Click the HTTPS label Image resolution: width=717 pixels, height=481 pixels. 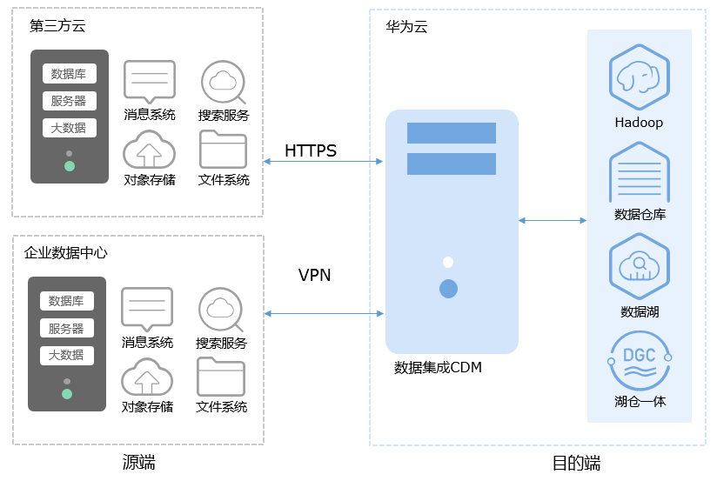(311, 151)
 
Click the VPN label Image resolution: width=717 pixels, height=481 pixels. (314, 276)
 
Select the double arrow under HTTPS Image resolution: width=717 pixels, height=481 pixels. (323, 162)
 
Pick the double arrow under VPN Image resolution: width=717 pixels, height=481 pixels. (325, 313)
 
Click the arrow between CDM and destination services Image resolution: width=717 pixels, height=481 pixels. (553, 220)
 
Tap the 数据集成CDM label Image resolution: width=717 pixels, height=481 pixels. (438, 367)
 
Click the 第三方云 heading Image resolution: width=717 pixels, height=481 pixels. (58, 26)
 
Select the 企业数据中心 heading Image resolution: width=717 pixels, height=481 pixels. (66, 252)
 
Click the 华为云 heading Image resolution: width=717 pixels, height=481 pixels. (407, 27)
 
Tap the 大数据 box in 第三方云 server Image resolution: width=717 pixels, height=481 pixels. (69, 128)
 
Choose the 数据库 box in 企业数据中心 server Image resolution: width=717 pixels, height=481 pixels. (66, 301)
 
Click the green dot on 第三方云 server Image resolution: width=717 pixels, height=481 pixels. (70, 166)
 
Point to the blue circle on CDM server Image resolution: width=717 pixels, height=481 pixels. (448, 289)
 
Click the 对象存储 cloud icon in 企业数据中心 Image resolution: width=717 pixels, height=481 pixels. (147, 377)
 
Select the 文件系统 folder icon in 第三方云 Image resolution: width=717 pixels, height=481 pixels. (224, 150)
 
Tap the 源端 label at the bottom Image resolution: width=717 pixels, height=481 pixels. (138, 461)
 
